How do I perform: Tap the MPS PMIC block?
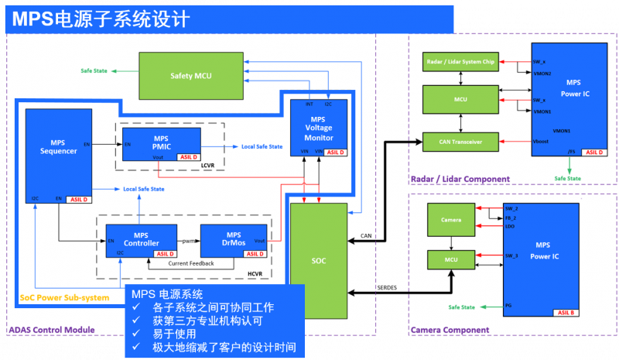[161, 144]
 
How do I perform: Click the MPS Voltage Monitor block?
[318, 129]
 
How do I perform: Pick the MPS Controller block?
[141, 240]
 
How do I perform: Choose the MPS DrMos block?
[233, 240]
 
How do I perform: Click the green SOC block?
[319, 259]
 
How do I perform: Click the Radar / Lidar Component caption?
[460, 179]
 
